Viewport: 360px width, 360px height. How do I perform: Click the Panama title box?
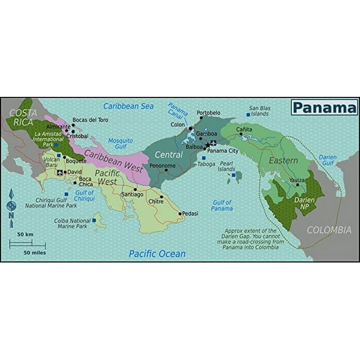324,107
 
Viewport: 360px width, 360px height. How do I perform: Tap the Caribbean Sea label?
128,106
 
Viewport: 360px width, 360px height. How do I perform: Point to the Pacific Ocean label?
157,254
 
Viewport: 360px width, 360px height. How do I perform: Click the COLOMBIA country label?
329,230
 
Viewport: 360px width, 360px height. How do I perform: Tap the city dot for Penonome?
166,169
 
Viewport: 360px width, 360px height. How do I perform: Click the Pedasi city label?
190,214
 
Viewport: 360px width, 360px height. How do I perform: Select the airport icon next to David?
59,172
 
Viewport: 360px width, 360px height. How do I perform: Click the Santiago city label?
132,194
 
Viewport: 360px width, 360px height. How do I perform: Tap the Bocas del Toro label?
91,119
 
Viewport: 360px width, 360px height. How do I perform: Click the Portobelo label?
208,113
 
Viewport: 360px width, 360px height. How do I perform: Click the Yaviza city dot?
297,185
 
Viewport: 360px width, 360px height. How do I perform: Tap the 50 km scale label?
25,234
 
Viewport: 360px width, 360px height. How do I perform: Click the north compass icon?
11,206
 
